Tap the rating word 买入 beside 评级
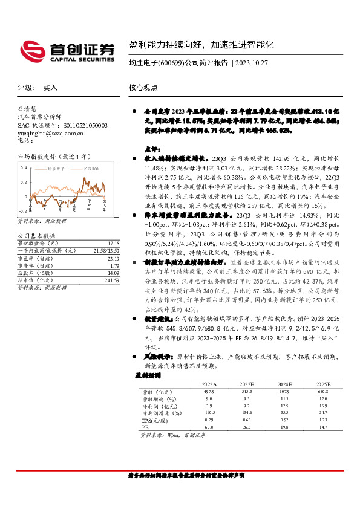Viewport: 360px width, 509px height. tap(50, 87)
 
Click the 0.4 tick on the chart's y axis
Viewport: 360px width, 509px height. tap(24, 166)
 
